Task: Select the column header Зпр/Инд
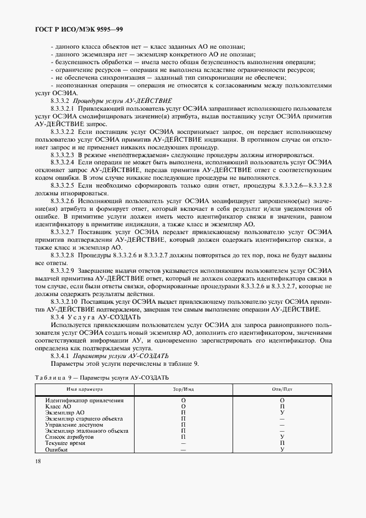[183, 390]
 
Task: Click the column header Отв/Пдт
[282, 390]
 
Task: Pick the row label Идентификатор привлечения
[84, 400]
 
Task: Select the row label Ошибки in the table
[56, 449]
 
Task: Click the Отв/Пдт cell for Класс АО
[282, 406]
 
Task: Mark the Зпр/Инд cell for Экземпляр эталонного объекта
[183, 431]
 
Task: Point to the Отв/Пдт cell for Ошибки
[282, 449]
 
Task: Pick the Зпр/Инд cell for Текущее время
[183, 443]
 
